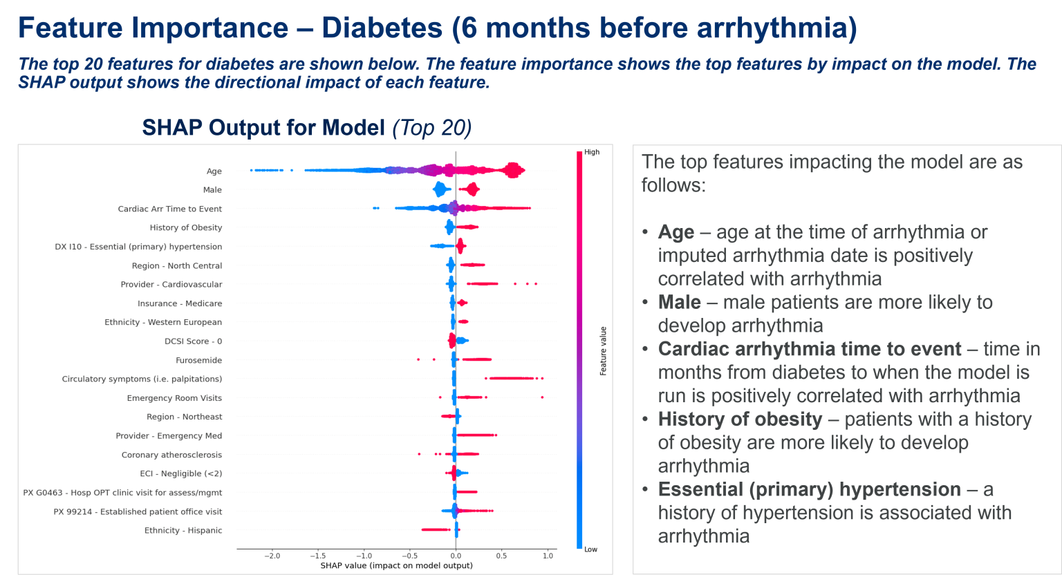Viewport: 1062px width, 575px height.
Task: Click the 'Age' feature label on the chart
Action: pyautogui.click(x=214, y=171)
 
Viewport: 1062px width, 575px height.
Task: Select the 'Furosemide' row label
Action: pyautogui.click(x=198, y=360)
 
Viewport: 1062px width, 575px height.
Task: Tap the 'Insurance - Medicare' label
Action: pyautogui.click(x=180, y=303)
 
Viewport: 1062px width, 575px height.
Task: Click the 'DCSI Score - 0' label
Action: pyautogui.click(x=193, y=341)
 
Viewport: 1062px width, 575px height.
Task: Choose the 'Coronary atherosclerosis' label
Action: pyautogui.click(x=171, y=455)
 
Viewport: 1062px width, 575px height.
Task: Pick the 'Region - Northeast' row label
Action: pyautogui.click(x=184, y=417)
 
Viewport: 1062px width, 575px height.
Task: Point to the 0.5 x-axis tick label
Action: pyautogui.click(x=501, y=556)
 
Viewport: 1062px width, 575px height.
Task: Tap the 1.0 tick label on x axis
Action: pyautogui.click(x=548, y=556)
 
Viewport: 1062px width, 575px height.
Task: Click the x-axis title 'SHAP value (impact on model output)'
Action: pyautogui.click(x=396, y=565)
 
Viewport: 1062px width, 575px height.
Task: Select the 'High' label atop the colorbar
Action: pyautogui.click(x=592, y=152)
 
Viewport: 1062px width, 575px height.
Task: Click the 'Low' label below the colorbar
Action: pyautogui.click(x=590, y=549)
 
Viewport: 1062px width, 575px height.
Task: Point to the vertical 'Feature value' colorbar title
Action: pyautogui.click(x=603, y=351)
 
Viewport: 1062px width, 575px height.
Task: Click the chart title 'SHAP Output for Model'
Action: pyautogui.click(x=263, y=128)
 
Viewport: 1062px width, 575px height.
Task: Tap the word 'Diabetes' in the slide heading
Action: pyautogui.click(x=382, y=28)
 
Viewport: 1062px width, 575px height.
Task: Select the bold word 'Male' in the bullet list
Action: pyautogui.click(x=679, y=303)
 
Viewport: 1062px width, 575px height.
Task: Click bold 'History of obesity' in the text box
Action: pyautogui.click(x=740, y=420)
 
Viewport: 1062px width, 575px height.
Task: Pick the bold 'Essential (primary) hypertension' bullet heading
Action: pyautogui.click(x=809, y=490)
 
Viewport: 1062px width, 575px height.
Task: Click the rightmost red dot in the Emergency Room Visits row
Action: pyautogui.click(x=542, y=397)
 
